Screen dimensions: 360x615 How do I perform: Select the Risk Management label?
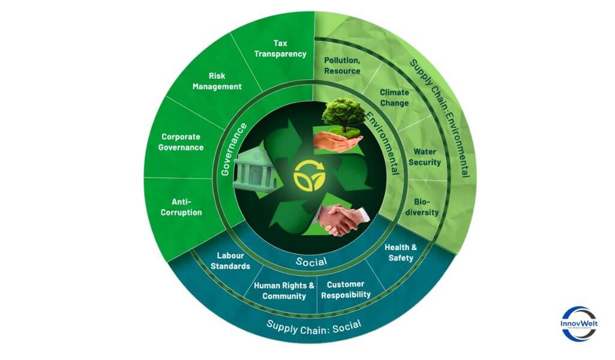[225, 81]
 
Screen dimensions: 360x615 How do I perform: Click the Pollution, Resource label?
[342, 66]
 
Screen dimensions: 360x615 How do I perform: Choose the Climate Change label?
[394, 98]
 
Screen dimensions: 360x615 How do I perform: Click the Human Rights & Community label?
[284, 290]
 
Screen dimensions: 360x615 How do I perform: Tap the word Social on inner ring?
[311, 262]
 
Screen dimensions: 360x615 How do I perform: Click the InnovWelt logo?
[579, 324]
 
